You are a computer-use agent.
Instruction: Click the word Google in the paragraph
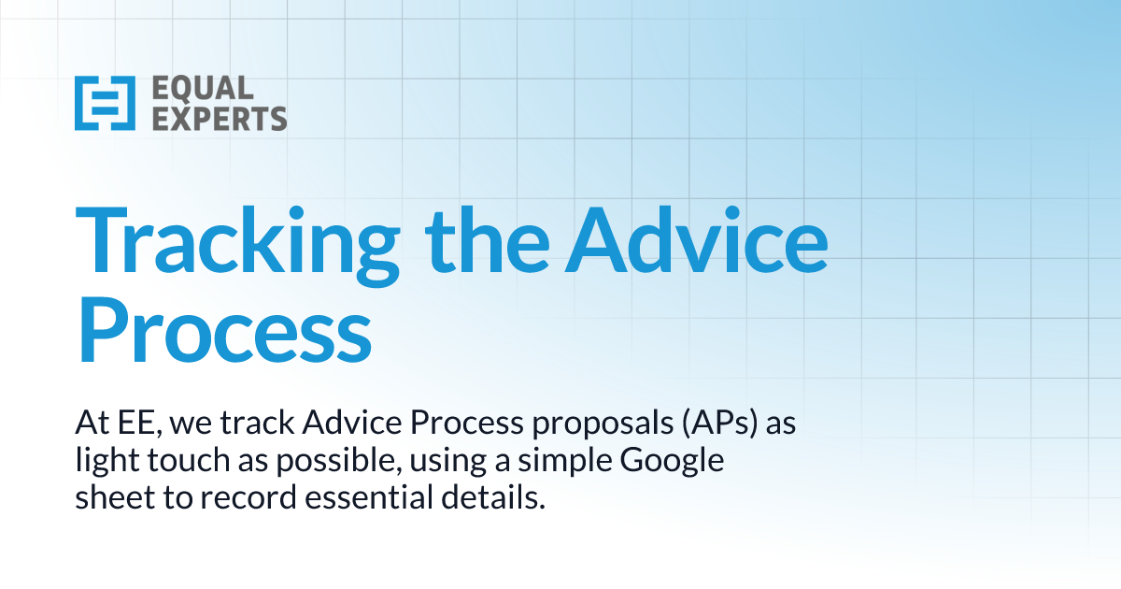coord(675,462)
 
